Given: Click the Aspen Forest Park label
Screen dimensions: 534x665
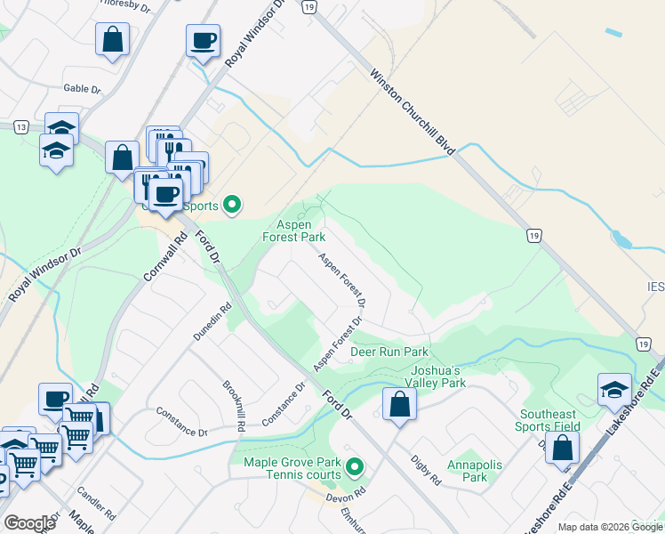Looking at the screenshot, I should click(293, 231).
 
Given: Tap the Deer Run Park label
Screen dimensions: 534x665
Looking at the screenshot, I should click(389, 352).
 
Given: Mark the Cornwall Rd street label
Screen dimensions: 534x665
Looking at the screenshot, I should click(163, 256).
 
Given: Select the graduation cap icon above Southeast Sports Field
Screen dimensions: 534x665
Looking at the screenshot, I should click(614, 389).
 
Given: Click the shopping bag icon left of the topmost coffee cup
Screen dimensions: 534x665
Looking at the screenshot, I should click(113, 39).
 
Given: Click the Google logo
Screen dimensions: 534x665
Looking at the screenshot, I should click(29, 523).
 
